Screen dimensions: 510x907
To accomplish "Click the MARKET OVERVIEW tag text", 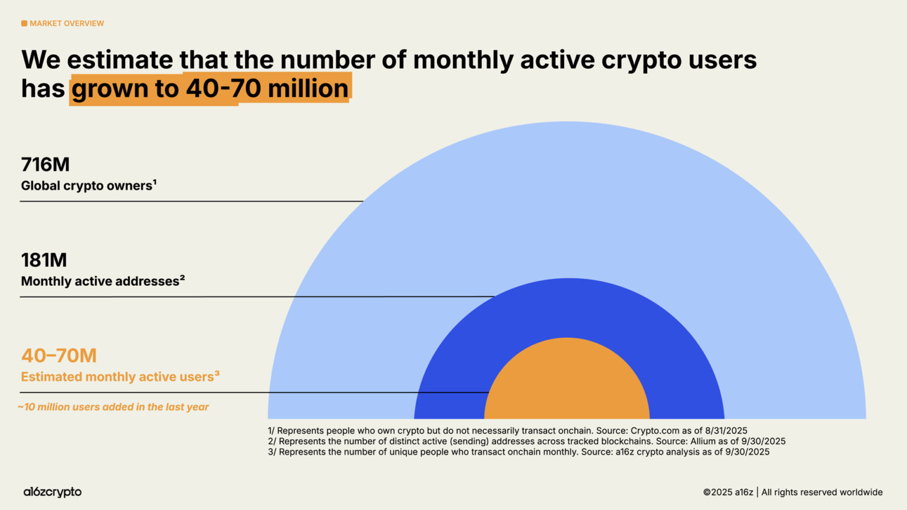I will (67, 24).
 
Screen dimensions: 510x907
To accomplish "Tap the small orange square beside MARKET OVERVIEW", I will (24, 24).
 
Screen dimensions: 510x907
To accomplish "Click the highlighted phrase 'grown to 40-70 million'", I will (210, 89).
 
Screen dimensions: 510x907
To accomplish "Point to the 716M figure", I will (45, 164).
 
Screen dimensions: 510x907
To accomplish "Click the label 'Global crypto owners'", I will (87, 185).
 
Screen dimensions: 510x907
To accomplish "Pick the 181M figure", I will (44, 260).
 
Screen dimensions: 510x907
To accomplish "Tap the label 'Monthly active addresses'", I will (100, 281).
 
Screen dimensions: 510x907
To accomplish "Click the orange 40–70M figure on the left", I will (59, 355).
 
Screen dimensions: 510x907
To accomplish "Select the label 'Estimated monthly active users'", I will (118, 377).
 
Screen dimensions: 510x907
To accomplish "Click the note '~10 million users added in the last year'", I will (113, 407).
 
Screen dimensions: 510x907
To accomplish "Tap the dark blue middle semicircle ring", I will (567, 307).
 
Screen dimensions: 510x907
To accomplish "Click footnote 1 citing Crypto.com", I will (507, 431).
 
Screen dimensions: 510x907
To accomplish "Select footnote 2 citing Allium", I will (526, 442).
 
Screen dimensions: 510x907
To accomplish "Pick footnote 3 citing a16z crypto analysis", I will (518, 452).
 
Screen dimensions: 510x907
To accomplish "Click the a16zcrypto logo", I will (53, 492).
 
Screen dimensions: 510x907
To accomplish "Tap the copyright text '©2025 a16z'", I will (727, 492).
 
